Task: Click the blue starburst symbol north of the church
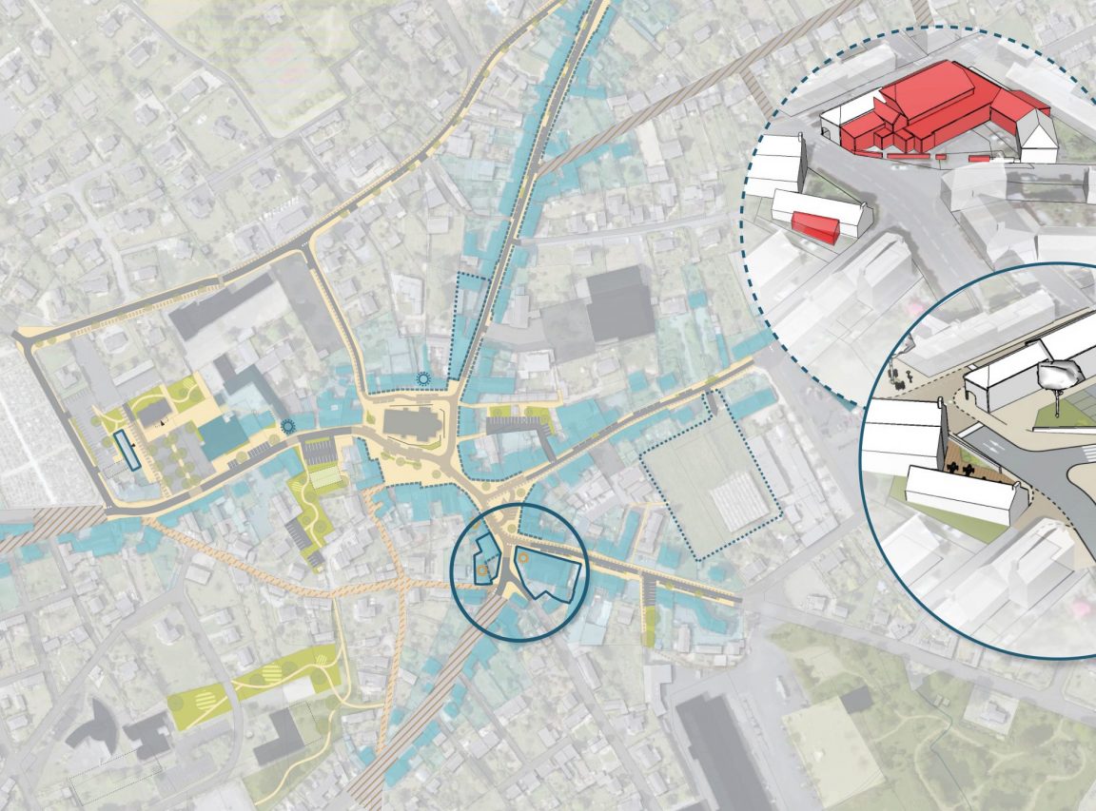[423, 378]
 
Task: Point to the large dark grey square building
[619, 304]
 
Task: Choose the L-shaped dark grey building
[282, 736]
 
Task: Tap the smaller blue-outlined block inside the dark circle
[485, 559]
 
